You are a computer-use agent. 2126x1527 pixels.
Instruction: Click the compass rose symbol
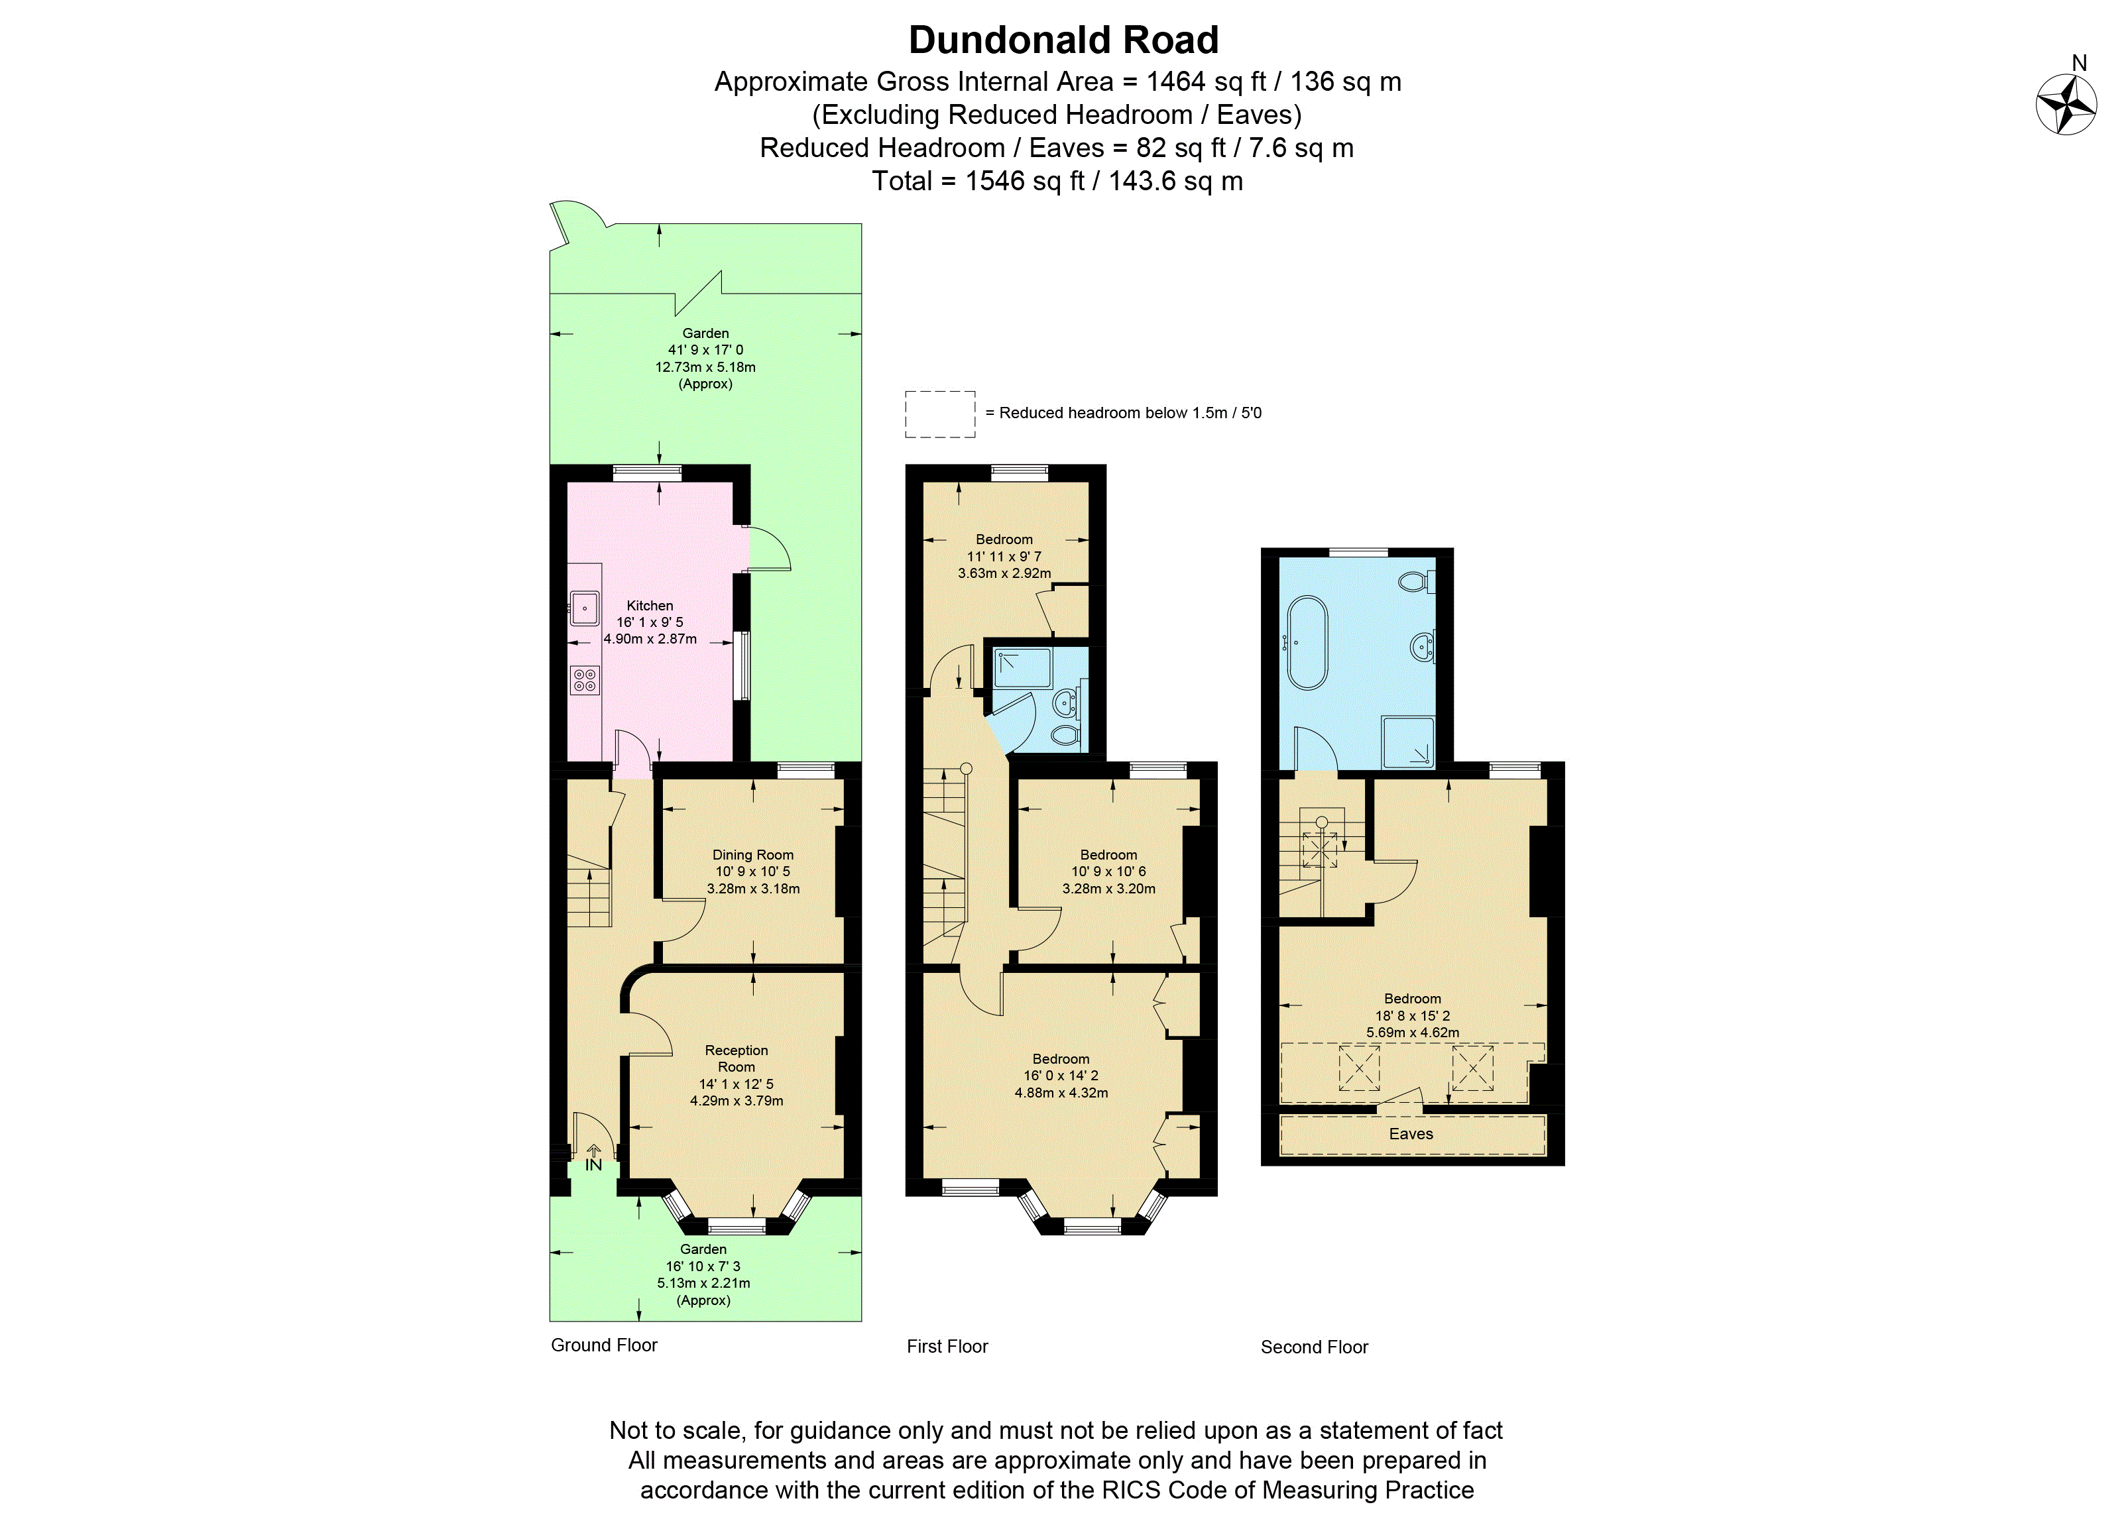click(x=2066, y=104)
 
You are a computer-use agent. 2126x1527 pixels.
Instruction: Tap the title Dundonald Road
click(x=1063, y=40)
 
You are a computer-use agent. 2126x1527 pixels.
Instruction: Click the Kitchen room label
click(x=650, y=606)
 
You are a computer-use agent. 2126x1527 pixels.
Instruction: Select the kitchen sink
click(x=585, y=608)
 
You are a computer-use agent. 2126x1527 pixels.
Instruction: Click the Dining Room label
click(x=752, y=855)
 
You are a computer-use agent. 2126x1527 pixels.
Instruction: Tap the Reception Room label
click(x=736, y=1058)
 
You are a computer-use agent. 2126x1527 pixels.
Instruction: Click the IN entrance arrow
click(x=593, y=1159)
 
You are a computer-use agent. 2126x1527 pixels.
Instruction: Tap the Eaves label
click(x=1411, y=1134)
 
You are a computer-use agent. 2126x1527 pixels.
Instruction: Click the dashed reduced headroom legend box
click(x=939, y=414)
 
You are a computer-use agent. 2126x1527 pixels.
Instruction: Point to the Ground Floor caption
click(x=604, y=1345)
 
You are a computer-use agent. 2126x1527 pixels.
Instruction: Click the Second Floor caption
click(x=1314, y=1347)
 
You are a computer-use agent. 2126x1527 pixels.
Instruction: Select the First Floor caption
click(x=947, y=1346)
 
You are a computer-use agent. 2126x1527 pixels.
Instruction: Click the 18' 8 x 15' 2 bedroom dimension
click(x=1413, y=1015)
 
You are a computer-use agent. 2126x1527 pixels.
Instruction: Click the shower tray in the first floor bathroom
click(x=1021, y=667)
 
